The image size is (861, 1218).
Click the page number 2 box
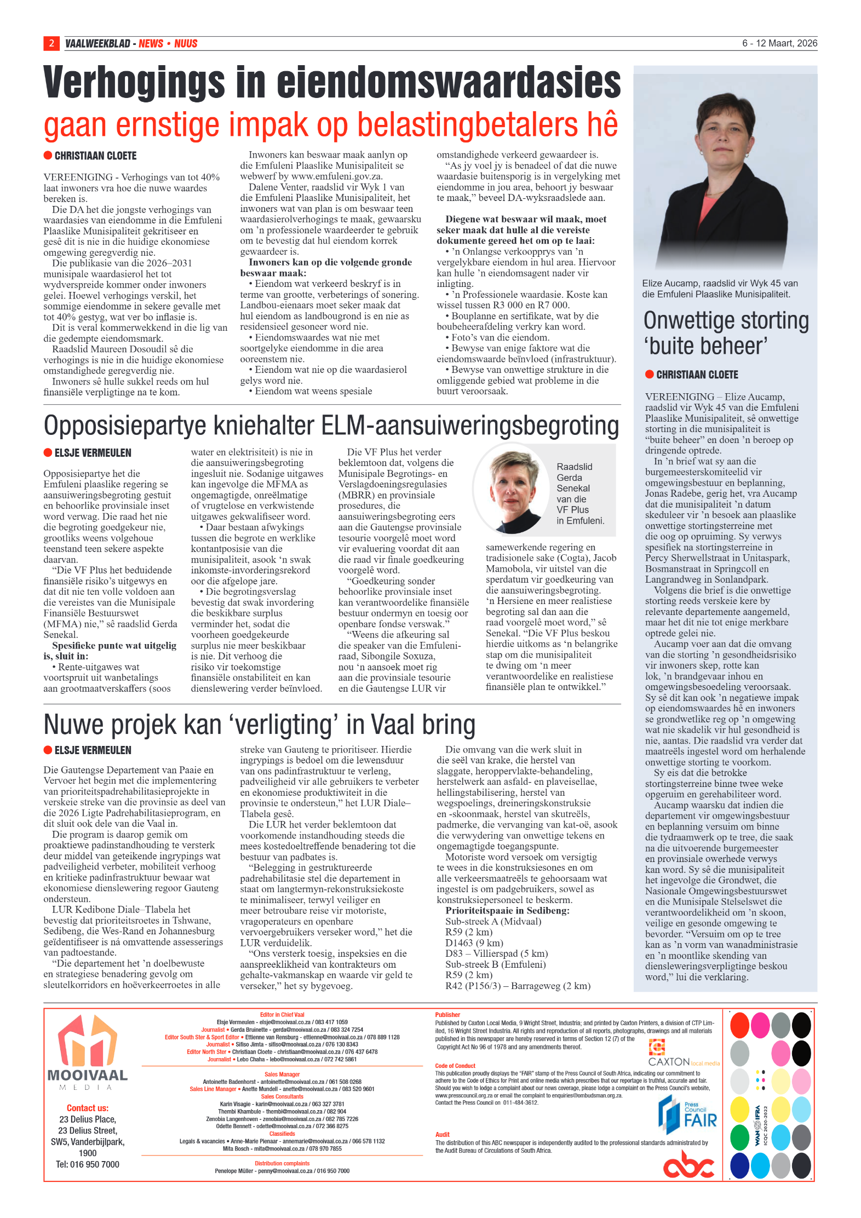pos(51,43)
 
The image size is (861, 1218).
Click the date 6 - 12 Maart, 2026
pos(779,43)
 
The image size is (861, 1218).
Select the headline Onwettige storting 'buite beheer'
pos(725,333)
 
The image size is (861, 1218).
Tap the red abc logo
pos(688,1164)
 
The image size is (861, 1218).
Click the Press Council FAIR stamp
pos(687,1117)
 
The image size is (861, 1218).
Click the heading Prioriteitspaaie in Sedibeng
pos(507,911)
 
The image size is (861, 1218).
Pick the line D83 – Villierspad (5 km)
pos(496,953)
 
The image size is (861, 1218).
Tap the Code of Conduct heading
pos(455,1066)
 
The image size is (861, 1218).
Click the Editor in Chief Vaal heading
pos(282,1015)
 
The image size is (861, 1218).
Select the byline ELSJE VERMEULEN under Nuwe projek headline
pos(93,750)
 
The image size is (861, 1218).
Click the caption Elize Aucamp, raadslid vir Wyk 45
pos(719,289)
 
